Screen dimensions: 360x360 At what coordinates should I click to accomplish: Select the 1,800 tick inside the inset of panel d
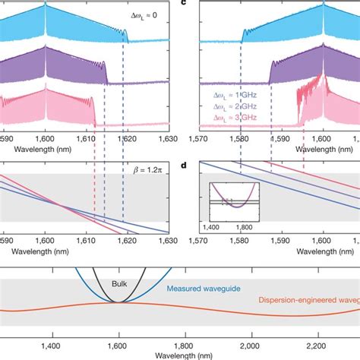point(242,226)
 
